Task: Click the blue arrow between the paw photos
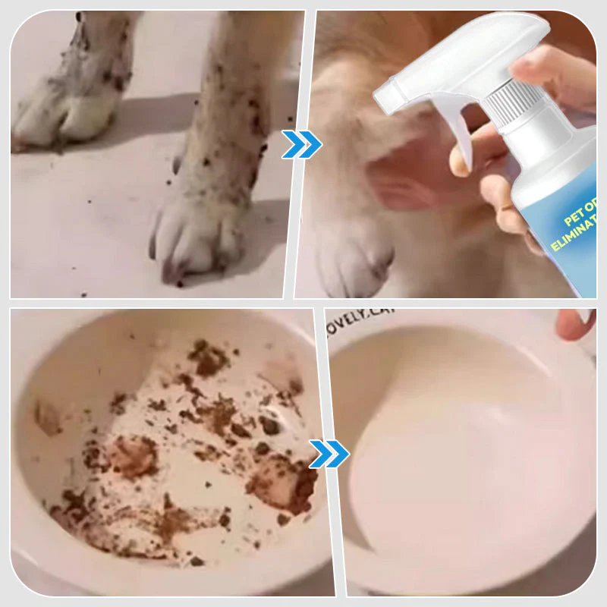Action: (x=301, y=144)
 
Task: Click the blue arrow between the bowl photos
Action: (x=329, y=454)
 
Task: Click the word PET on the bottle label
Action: (x=577, y=220)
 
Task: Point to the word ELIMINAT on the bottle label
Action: (x=573, y=245)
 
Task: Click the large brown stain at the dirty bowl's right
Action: (x=281, y=482)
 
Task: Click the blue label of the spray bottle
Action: (x=561, y=228)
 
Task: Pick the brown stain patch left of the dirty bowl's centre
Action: (x=129, y=455)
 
